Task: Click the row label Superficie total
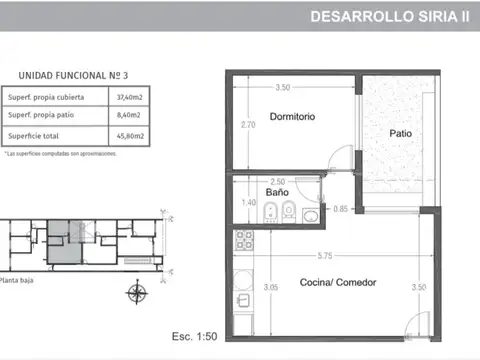(35, 135)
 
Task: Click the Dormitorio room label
(292, 117)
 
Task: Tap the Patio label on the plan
(400, 133)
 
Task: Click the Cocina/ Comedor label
(338, 283)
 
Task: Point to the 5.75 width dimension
(326, 255)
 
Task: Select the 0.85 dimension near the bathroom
(340, 209)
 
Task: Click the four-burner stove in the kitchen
(242, 239)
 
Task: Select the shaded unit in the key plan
(62, 243)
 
